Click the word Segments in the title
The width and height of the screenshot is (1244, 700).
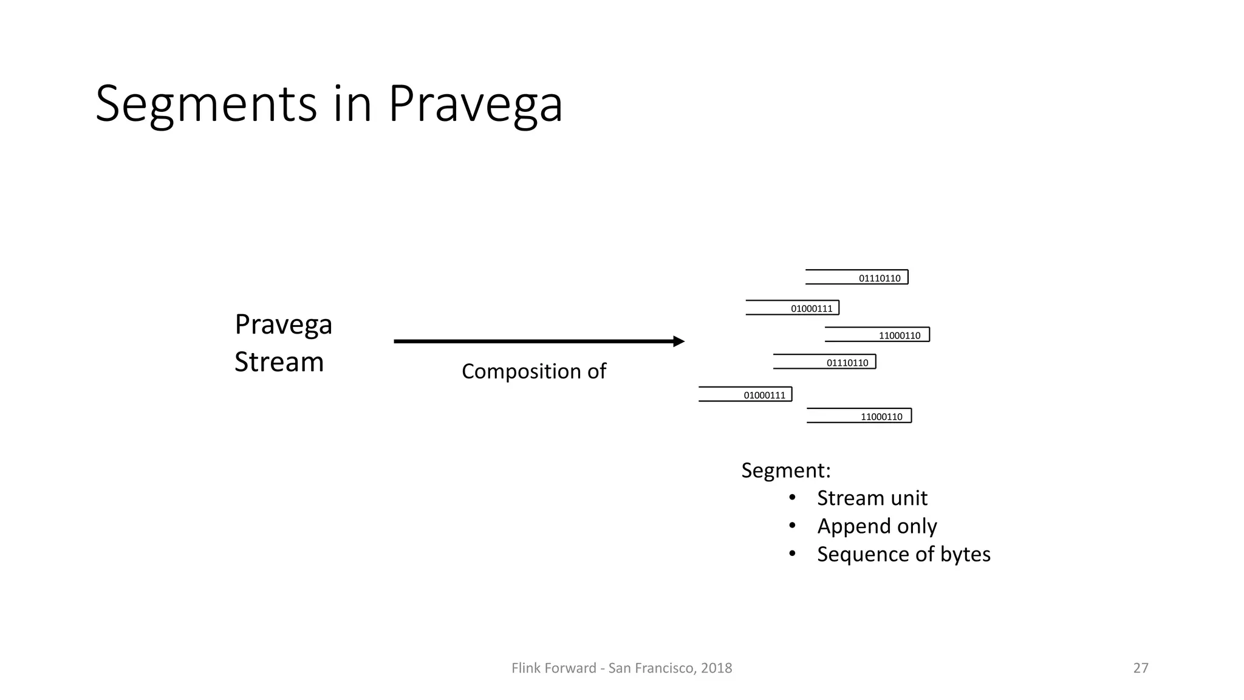coord(206,105)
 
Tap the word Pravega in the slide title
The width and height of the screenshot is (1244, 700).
coord(475,105)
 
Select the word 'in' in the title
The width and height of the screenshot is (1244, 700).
coord(352,105)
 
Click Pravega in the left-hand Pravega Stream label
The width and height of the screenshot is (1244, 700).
coord(283,324)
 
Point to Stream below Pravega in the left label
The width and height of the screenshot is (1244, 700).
coord(279,362)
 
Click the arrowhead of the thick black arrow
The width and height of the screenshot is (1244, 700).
coord(678,341)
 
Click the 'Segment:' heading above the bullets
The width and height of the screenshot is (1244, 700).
coord(785,470)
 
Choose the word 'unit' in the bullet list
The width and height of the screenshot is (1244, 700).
coord(907,498)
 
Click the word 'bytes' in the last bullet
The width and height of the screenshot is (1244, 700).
coord(965,554)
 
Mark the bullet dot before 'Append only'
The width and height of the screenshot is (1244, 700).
coord(792,526)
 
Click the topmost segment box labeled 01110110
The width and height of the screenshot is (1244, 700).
coord(857,277)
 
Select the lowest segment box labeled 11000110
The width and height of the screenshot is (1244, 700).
coord(860,416)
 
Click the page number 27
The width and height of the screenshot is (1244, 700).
coord(1141,668)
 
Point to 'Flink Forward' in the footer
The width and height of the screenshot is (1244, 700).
coord(554,668)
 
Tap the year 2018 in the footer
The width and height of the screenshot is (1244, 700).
coord(716,668)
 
